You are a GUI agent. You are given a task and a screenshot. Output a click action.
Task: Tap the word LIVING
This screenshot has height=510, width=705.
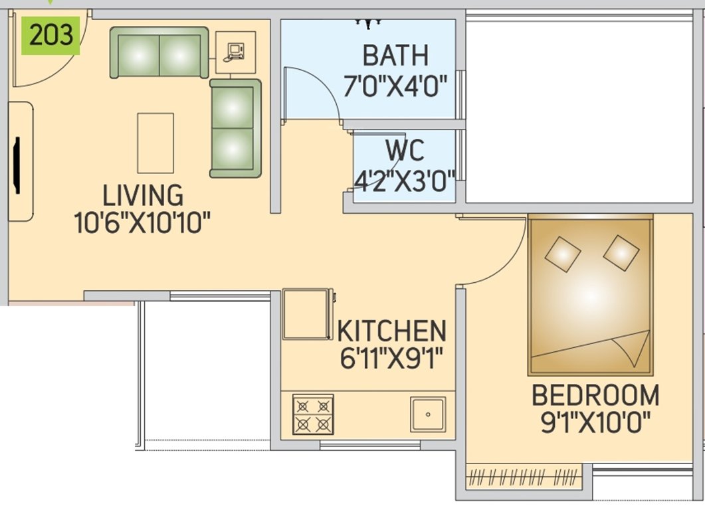[143, 196]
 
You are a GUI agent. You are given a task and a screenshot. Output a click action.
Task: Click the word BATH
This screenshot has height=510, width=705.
[395, 56]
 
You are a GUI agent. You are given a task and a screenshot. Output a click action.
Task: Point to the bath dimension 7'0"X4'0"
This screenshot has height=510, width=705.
[395, 86]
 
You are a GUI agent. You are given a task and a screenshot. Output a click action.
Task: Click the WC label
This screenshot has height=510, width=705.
[404, 151]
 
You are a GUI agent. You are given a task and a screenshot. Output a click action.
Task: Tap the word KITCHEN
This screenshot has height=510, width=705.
[391, 331]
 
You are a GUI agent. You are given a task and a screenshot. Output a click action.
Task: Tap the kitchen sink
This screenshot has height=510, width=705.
[427, 414]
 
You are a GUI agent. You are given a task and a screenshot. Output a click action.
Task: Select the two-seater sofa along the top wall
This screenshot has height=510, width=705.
[159, 52]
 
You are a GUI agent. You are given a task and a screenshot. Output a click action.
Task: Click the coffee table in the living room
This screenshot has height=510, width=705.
[155, 143]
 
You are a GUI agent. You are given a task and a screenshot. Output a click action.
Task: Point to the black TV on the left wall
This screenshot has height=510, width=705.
[16, 164]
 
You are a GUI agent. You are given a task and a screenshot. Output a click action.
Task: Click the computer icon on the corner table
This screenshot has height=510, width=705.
[235, 52]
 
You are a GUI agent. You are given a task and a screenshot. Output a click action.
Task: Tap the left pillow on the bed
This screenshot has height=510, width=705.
[562, 254]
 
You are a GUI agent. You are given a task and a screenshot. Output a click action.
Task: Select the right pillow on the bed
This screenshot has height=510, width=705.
[621, 252]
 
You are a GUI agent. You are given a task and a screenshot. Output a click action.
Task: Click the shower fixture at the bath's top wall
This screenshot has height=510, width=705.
[368, 24]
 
